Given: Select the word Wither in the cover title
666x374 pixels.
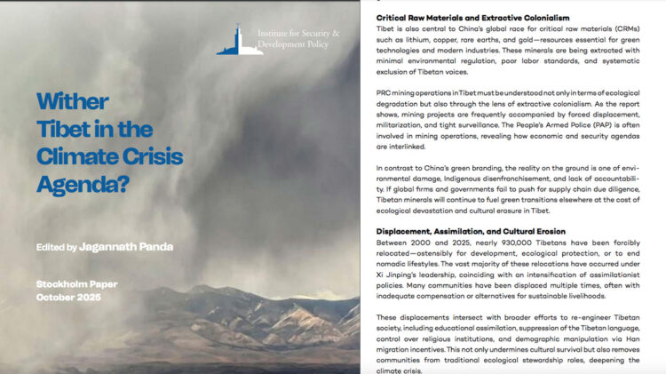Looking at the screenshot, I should coord(73,100).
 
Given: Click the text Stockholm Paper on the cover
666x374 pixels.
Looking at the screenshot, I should coord(76,284).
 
